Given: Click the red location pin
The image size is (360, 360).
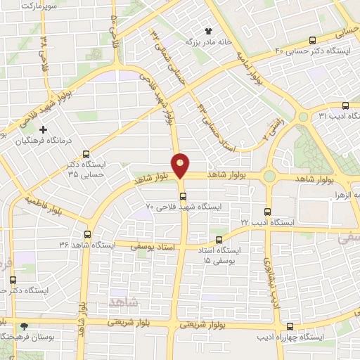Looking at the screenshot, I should coord(182,164).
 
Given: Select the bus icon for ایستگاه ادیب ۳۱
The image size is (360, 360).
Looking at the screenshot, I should coord(345,104).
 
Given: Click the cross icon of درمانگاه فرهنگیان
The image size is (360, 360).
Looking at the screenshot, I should coord(44,129).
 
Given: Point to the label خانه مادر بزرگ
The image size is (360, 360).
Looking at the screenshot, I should coord(188,41).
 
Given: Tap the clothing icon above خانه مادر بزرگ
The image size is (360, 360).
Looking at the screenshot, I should coord(208,30).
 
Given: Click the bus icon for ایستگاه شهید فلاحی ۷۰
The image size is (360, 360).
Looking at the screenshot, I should coord(182,195).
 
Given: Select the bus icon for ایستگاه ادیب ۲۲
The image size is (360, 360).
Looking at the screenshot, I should coord(266,211).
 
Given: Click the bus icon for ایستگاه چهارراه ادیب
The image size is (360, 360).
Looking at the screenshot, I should coord(290,326).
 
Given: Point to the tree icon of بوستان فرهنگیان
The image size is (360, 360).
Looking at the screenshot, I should coord(25,326).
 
